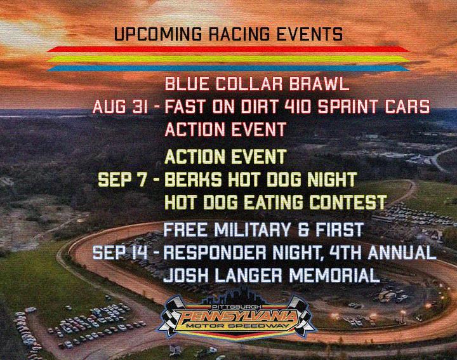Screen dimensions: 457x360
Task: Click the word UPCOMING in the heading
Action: coord(158,34)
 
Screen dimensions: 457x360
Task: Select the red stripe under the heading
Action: coord(228,49)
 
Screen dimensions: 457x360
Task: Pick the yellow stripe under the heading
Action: coord(228,59)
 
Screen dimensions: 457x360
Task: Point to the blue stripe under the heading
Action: coord(228,69)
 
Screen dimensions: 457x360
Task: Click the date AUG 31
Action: coord(120,107)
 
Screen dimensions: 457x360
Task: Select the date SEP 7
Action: coord(122,179)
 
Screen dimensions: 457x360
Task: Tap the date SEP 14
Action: coord(120,252)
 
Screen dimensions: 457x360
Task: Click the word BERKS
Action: coord(193,179)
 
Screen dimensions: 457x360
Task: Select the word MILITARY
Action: coord(253,229)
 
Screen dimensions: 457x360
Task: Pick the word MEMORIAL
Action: coord(334,276)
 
